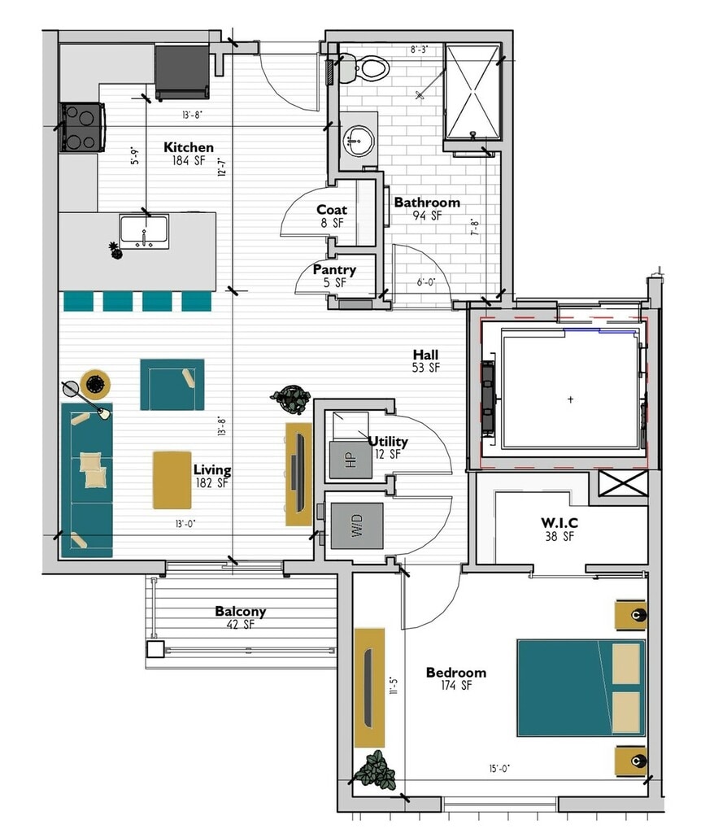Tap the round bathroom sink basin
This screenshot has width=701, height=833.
[359, 141]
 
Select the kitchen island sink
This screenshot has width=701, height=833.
[144, 232]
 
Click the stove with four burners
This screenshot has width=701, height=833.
[82, 127]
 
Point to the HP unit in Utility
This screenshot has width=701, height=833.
[350, 460]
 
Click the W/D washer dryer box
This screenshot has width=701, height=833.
[357, 526]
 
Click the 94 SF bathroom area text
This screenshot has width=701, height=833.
[427, 216]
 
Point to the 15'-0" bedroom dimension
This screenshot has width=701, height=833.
[499, 768]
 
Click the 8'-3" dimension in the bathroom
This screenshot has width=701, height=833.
[419, 50]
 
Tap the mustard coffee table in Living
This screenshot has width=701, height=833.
[172, 480]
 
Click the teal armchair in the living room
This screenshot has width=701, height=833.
[172, 385]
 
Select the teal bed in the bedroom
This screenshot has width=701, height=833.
[581, 688]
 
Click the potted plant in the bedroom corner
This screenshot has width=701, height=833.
[376, 770]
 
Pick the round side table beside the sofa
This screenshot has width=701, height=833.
[96, 384]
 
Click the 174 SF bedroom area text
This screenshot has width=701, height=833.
[456, 686]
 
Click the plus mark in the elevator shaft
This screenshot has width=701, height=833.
[570, 399]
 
